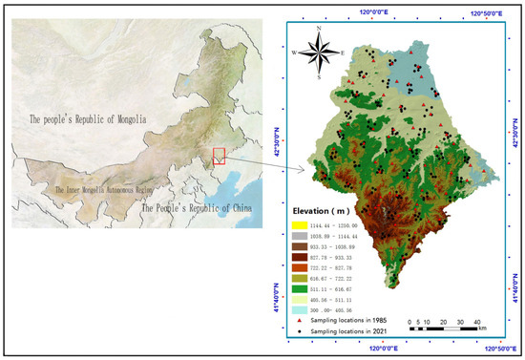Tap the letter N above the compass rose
coord(322,36)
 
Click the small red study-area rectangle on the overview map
coord(219,156)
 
